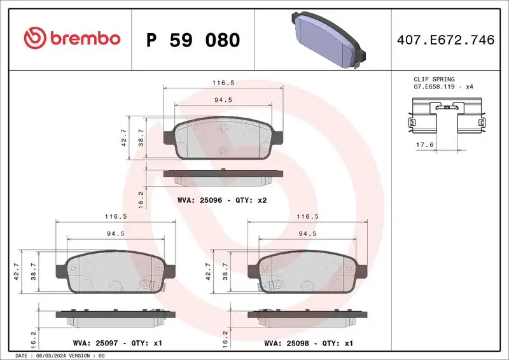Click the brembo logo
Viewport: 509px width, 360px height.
pyautogui.click(x=71, y=39)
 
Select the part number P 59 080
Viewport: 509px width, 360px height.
pyautogui.click(x=193, y=40)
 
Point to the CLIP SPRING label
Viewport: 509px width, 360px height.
pyautogui.click(x=435, y=79)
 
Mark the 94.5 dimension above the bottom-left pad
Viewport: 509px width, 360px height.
pyautogui.click(x=115, y=233)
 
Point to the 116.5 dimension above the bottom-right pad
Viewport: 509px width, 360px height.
pyautogui.click(x=307, y=217)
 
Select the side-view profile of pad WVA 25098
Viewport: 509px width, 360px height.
pyautogui.click(x=307, y=314)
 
